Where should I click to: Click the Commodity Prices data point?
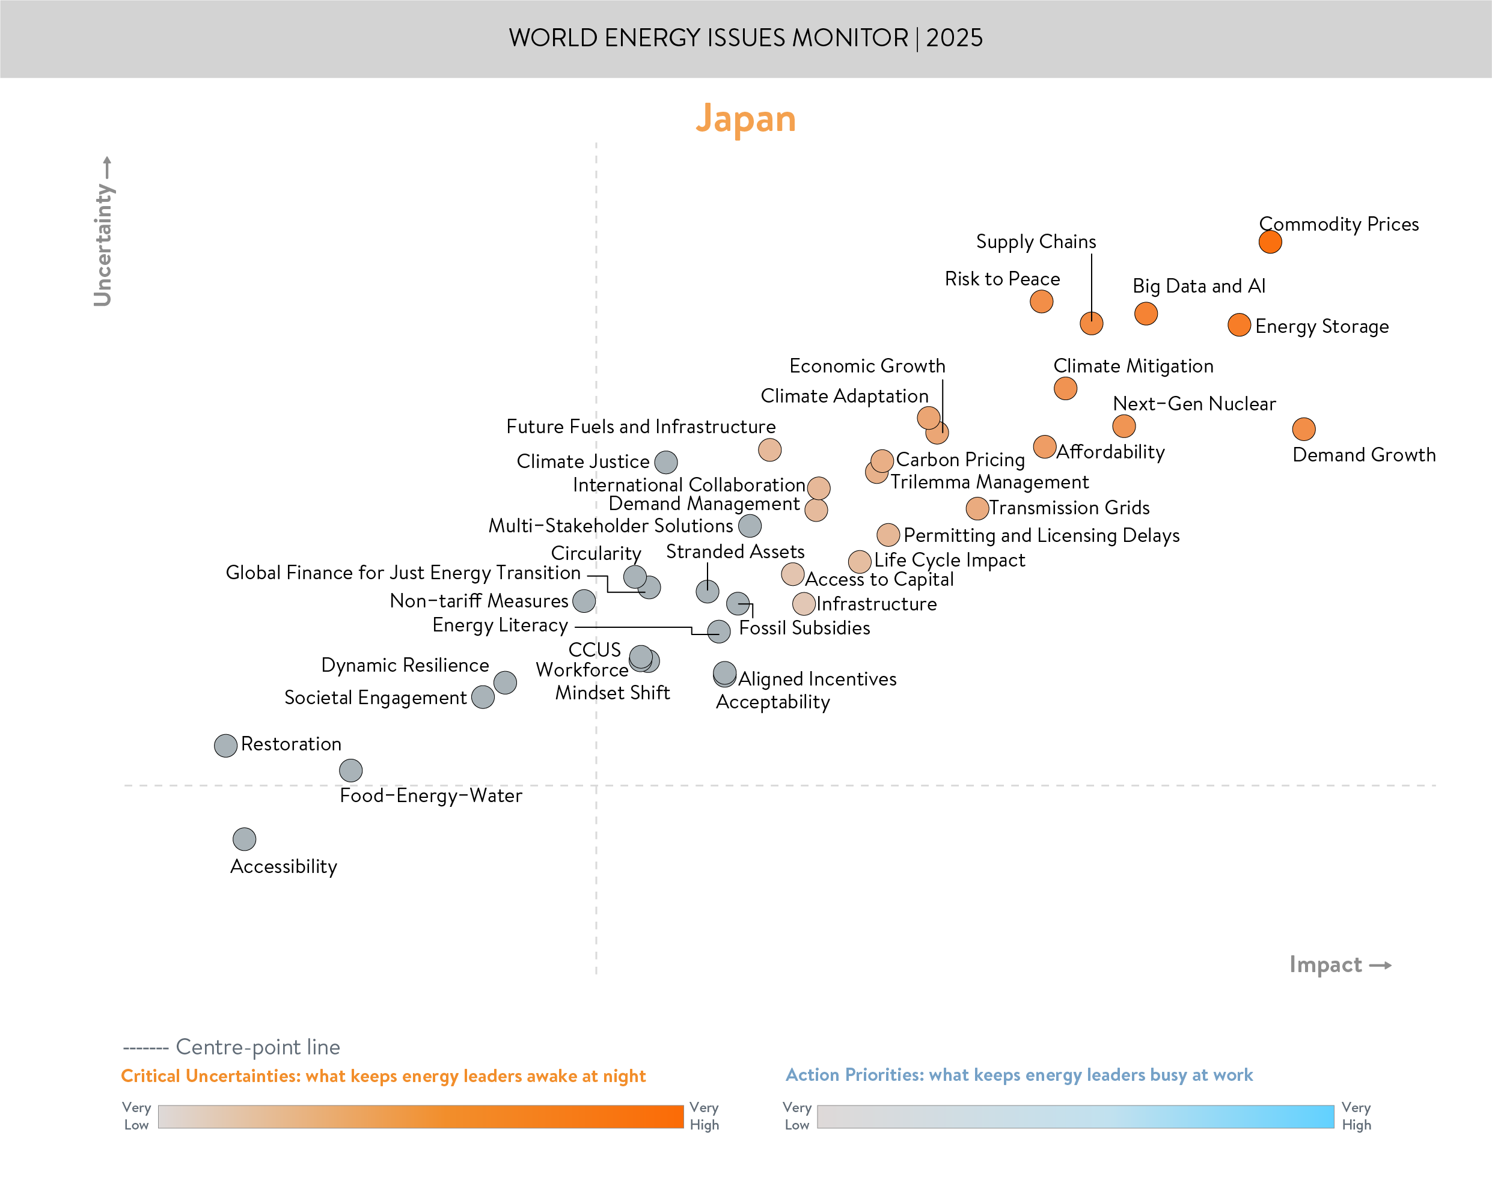click(x=1270, y=242)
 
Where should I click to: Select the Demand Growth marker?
click(x=1303, y=429)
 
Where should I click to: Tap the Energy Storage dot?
click(x=1239, y=324)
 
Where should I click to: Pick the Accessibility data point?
click(x=244, y=839)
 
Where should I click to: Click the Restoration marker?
click(x=225, y=746)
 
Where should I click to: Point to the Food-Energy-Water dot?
click(x=350, y=770)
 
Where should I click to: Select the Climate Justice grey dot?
click(x=665, y=462)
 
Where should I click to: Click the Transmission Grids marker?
click(x=976, y=508)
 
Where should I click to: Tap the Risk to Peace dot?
click(x=1041, y=301)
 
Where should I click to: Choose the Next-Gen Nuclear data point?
click(x=1124, y=425)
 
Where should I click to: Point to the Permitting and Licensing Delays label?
click(x=1041, y=535)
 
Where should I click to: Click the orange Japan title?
click(x=745, y=119)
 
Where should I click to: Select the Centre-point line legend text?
click(x=257, y=1047)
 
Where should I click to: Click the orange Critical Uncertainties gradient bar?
click(x=420, y=1116)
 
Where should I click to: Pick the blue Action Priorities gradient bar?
click(x=1075, y=1116)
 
